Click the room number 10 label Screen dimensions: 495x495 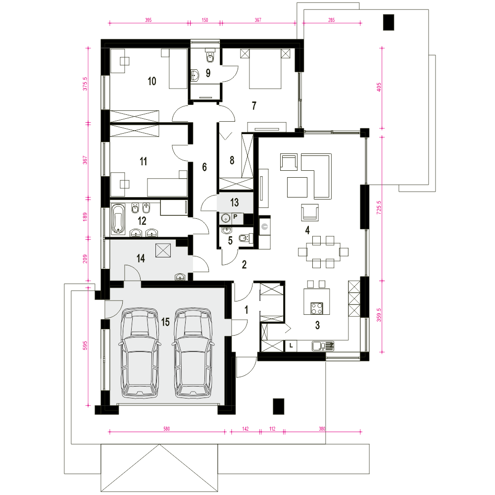coord(152,81)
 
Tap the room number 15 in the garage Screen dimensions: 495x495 coord(165,322)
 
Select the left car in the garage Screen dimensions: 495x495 coord(139,352)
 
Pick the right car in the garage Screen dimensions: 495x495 coord(193,352)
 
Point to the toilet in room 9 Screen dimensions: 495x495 coord(210,55)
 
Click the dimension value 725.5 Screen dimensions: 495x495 coord(379,208)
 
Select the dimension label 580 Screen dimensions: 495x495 coord(166,429)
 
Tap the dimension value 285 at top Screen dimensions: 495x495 coord(331,20)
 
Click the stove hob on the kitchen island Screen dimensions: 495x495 coord(317,308)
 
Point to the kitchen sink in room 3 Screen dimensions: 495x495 coord(323,346)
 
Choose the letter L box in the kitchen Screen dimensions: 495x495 coord(291,346)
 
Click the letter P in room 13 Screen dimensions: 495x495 coord(235,217)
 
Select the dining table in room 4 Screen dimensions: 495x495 coord(323,251)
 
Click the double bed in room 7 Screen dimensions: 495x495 coord(265,68)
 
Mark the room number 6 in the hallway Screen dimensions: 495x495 coord(204,167)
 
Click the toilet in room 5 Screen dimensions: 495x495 coord(246,239)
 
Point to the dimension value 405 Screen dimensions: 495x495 coord(379,88)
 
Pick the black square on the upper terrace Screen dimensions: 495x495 coord(388,22)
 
